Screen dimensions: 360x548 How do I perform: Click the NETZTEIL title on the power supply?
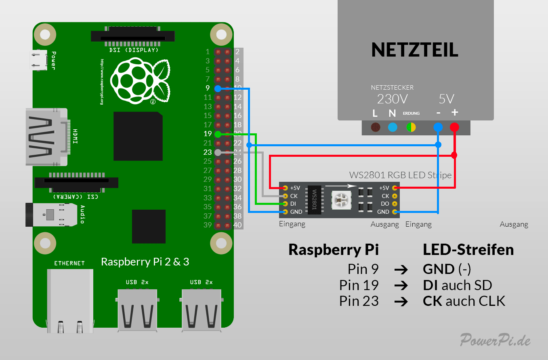pos(415,50)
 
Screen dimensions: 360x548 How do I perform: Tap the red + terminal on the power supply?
pos(454,127)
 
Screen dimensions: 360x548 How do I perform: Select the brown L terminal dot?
pos(376,127)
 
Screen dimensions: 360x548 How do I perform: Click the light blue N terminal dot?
pos(393,127)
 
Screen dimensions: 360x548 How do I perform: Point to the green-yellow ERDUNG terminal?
pos(411,127)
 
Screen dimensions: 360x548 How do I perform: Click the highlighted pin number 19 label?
pos(208,134)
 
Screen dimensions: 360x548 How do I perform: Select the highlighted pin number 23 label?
pos(208,152)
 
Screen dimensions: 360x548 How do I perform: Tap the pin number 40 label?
pos(238,225)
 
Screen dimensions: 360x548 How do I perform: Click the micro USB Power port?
pos(38,60)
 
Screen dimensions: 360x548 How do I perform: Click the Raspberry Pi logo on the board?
pos(140,80)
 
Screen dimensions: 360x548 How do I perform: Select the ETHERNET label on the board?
pos(69,263)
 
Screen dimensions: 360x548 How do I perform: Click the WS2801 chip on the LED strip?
pos(315,200)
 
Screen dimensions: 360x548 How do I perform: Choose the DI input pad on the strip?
pos(286,204)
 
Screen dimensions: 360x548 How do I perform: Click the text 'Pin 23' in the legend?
pos(359,301)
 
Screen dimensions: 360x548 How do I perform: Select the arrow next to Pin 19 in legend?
pos(401,285)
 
